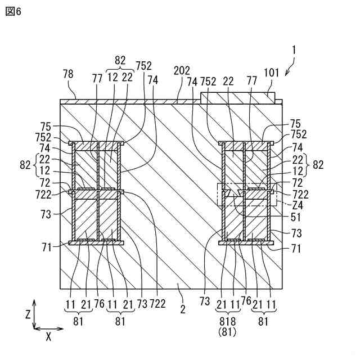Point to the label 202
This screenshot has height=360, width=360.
182,71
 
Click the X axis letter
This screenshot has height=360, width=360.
48,336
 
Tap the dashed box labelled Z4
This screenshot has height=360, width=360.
247,195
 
